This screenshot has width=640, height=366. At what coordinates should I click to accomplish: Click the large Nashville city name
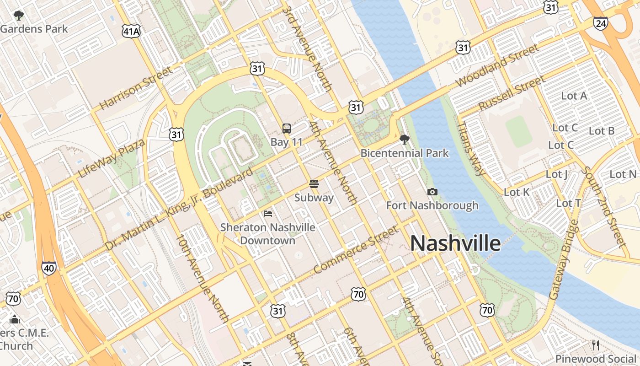click(x=455, y=243)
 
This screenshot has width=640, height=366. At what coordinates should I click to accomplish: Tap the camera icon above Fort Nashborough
click(x=432, y=192)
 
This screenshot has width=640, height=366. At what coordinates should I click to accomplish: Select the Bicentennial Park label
click(x=405, y=153)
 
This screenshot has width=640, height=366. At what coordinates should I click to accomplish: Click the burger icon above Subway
click(x=314, y=184)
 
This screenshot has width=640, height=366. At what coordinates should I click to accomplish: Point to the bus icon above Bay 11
click(x=287, y=129)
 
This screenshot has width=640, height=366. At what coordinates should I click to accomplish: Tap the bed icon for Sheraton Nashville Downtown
click(x=268, y=213)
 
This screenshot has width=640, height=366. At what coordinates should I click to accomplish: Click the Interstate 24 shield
click(x=600, y=23)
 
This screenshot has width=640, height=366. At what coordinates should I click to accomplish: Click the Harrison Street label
click(x=136, y=88)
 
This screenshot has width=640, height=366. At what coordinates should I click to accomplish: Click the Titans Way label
click(x=471, y=148)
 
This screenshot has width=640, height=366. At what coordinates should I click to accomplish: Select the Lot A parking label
click(x=574, y=96)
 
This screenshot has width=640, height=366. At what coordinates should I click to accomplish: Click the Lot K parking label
click(x=517, y=192)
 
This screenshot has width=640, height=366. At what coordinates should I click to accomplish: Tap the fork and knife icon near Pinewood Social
click(x=595, y=345)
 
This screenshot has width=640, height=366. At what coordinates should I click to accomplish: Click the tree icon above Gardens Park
click(x=19, y=16)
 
